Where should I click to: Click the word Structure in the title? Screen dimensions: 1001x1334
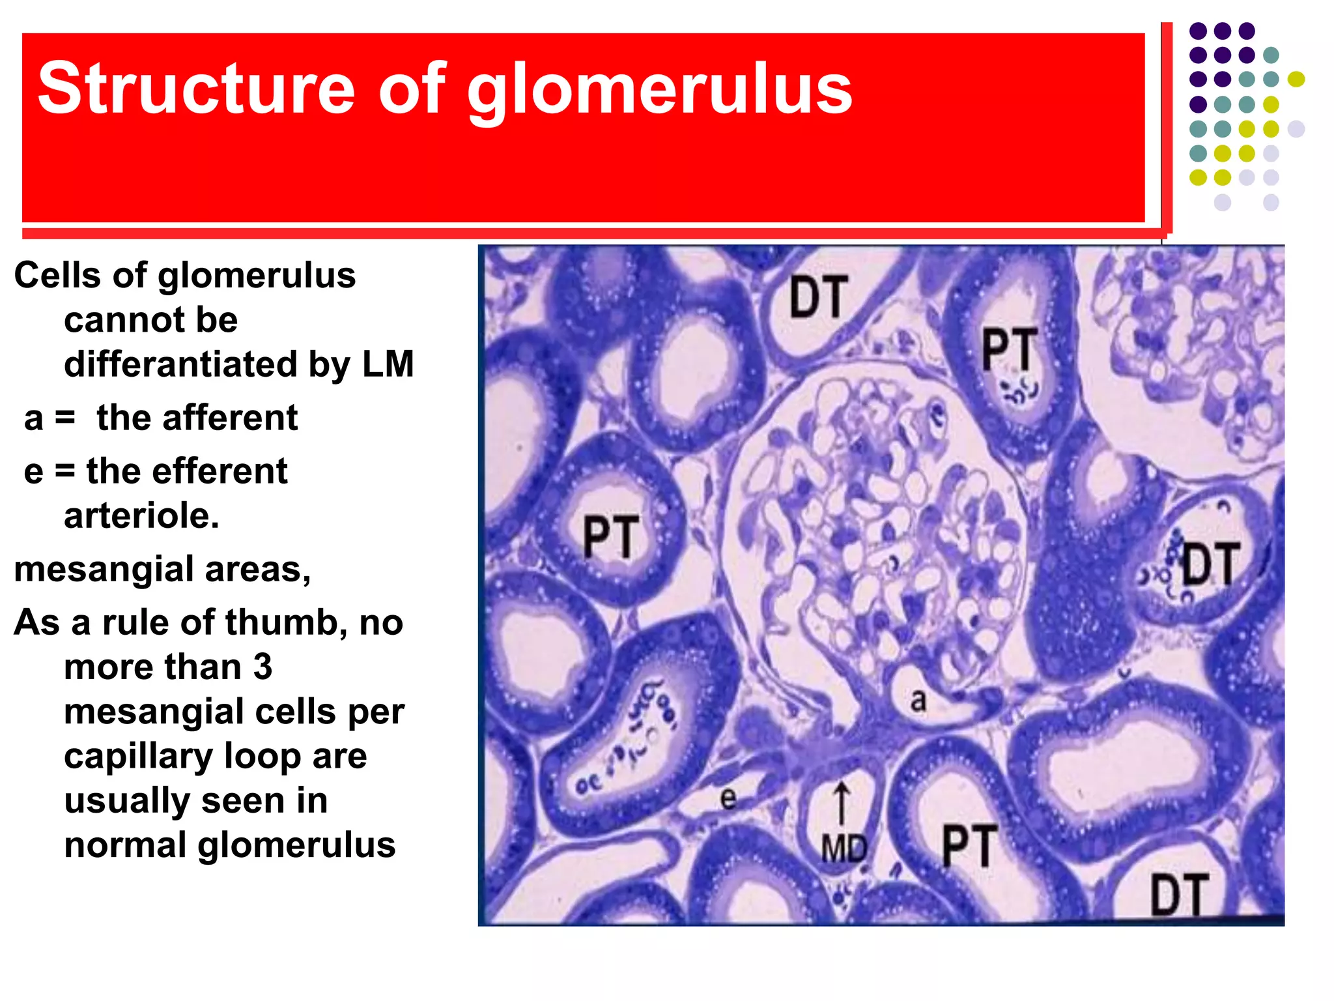(195, 88)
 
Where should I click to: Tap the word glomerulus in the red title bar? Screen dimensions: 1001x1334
(659, 91)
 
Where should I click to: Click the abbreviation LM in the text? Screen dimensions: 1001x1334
(388, 364)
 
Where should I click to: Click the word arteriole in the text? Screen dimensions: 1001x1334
(141, 516)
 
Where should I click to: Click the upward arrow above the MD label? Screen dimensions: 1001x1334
(842, 804)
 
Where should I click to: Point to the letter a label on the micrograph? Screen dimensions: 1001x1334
(918, 701)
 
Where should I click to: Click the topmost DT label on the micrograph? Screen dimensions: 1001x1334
(819, 298)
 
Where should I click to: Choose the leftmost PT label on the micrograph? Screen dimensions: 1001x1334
(611, 536)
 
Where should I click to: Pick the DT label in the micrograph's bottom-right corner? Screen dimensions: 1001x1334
(1180, 895)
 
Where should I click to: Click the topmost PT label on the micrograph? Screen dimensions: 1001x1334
(1010, 349)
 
